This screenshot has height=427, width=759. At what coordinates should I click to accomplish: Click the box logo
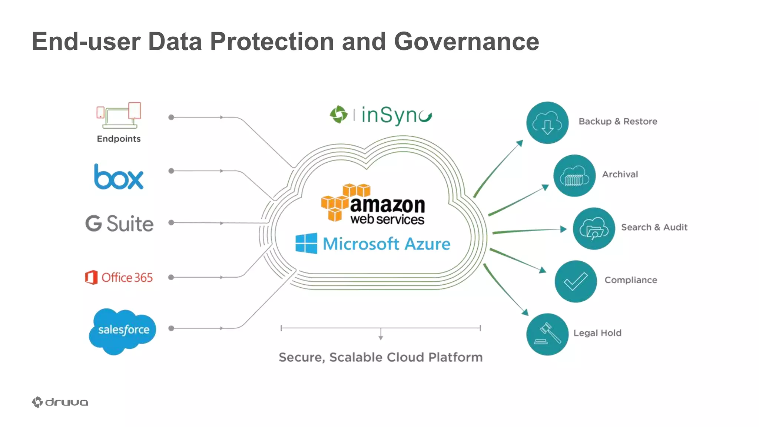(119, 178)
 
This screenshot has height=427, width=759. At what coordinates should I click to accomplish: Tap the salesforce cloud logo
(123, 330)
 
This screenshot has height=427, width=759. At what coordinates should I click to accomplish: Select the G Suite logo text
(119, 224)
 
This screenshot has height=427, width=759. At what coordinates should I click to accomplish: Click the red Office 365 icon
(91, 277)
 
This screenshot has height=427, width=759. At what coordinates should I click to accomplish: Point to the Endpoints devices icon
(119, 115)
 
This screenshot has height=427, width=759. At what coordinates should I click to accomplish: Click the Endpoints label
(119, 139)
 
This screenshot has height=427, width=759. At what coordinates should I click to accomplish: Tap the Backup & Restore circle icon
(547, 123)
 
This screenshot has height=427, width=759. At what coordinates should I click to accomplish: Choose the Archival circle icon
(574, 176)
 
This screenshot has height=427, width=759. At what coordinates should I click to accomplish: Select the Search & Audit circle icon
(593, 228)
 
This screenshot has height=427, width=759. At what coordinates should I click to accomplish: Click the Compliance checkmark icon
(576, 281)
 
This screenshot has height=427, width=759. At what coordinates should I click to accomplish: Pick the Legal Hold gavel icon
(547, 334)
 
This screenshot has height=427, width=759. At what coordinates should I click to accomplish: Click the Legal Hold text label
(597, 333)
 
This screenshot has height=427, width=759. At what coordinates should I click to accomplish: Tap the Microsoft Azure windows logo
(306, 243)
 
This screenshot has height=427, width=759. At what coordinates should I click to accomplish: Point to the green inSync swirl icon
(339, 115)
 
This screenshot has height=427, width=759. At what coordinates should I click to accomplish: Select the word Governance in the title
(466, 41)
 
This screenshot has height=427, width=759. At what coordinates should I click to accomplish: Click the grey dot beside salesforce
(171, 328)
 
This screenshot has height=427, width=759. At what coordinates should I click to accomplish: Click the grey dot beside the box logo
(171, 171)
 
